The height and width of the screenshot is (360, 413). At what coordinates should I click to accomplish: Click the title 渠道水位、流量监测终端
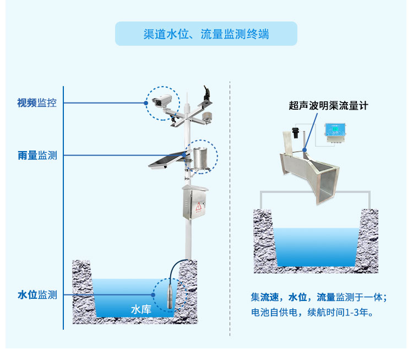coord(206,34)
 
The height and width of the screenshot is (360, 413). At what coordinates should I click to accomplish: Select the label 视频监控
coord(37,103)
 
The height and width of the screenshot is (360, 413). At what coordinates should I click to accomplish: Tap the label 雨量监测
coord(37,155)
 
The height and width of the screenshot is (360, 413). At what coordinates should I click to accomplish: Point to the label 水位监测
coord(37,295)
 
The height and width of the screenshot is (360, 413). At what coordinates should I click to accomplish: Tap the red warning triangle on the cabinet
coord(198,207)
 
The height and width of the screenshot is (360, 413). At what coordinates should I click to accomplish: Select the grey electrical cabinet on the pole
coord(196,204)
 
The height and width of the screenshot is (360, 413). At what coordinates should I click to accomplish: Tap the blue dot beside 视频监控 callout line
coord(146,103)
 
